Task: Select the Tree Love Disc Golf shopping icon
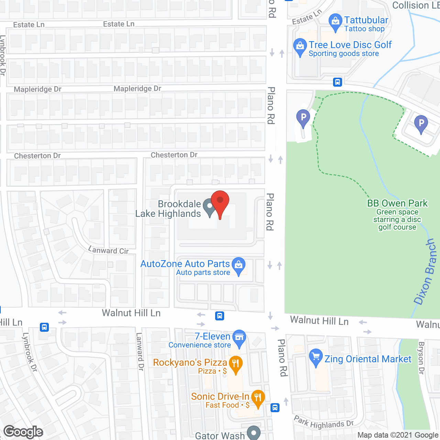(x=300, y=47)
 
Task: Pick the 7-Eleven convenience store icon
(x=239, y=338)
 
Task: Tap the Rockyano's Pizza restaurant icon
(x=235, y=364)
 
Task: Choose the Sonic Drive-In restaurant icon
(x=258, y=399)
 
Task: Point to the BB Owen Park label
(x=397, y=203)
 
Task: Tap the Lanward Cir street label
(x=109, y=250)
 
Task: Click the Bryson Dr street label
(x=421, y=358)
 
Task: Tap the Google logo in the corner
(x=23, y=432)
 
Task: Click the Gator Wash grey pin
(x=254, y=433)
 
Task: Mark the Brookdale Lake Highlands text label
(x=168, y=209)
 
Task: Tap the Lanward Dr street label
(x=140, y=351)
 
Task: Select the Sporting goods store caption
(x=344, y=54)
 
